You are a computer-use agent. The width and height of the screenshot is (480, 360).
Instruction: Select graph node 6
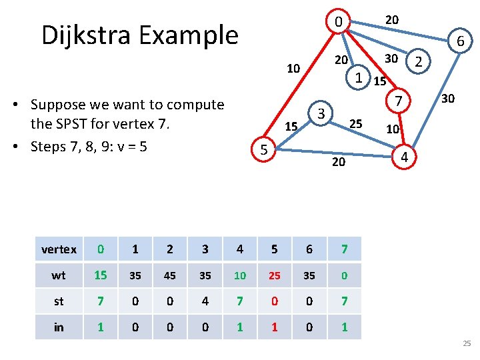460,42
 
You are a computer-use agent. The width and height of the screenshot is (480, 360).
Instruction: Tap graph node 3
321,113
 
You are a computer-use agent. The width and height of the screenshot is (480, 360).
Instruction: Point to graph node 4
403,157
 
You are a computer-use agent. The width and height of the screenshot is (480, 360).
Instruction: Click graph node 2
418,63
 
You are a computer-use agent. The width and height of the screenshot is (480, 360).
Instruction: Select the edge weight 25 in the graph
356,123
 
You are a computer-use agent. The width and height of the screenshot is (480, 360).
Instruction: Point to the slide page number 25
466,343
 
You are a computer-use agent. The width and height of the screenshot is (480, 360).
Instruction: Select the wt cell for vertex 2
169,275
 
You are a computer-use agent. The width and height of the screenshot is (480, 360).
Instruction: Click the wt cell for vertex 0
100,275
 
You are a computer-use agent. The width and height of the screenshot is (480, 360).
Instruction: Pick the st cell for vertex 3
205,301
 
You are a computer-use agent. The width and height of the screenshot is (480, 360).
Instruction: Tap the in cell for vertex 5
274,327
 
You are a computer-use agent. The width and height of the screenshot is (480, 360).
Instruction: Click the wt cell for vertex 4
239,275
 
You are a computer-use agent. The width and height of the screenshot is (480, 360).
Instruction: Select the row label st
59,301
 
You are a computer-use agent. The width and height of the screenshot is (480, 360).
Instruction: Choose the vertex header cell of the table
59,249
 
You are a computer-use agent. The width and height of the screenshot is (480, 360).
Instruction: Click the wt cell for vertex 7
344,275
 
